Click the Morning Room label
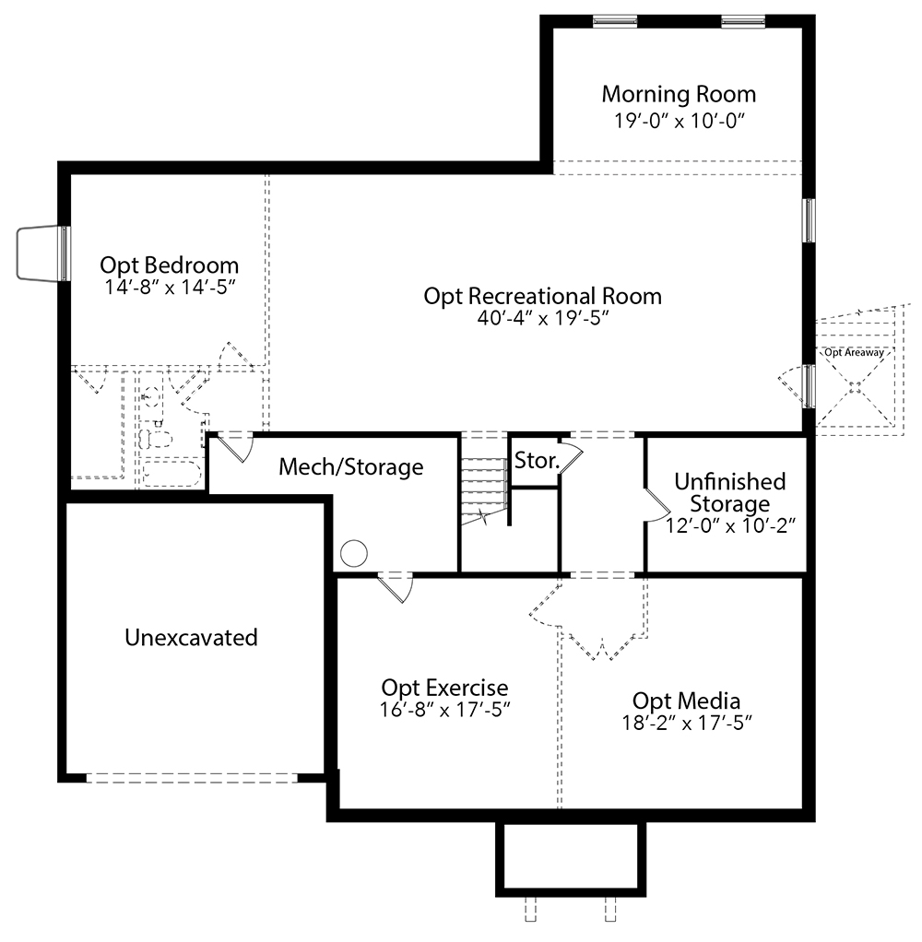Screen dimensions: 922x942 679,95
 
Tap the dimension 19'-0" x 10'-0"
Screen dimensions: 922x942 680,121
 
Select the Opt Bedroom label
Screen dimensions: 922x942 169,265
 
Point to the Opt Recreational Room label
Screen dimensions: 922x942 543,296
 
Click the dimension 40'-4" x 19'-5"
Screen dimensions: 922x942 543,318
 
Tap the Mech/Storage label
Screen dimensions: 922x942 351,466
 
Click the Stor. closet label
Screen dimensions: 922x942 538,461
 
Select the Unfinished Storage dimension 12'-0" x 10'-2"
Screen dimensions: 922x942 730,525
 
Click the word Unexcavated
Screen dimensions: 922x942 191,638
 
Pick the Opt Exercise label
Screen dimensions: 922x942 444,688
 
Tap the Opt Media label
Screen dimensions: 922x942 686,701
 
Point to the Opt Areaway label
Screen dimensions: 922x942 854,353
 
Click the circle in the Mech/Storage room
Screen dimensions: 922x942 354,553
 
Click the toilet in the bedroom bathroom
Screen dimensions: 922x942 155,438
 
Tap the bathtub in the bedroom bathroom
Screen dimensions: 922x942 171,474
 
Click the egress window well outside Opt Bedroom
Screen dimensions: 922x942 39,253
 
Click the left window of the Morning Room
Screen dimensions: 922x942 614,21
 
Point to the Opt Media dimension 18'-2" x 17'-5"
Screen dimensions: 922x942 687,723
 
